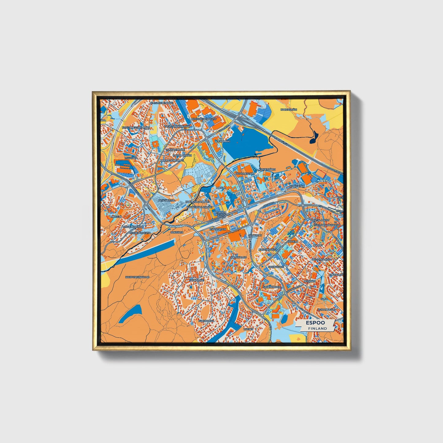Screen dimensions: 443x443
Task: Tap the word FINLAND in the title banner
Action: click(x=318, y=328)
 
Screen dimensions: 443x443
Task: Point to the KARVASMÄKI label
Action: click(x=289, y=109)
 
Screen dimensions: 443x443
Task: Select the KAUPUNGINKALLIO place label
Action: click(x=137, y=277)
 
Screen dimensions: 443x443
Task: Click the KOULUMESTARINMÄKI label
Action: click(x=136, y=127)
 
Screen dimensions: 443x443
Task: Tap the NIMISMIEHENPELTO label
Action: click(x=204, y=119)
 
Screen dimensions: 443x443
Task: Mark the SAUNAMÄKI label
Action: click(x=197, y=280)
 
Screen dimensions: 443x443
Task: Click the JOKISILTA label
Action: click(x=177, y=232)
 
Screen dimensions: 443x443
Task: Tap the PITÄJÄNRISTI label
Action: click(x=166, y=200)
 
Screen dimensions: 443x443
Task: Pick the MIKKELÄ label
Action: click(x=116, y=216)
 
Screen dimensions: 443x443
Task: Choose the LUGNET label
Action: click(x=248, y=329)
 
